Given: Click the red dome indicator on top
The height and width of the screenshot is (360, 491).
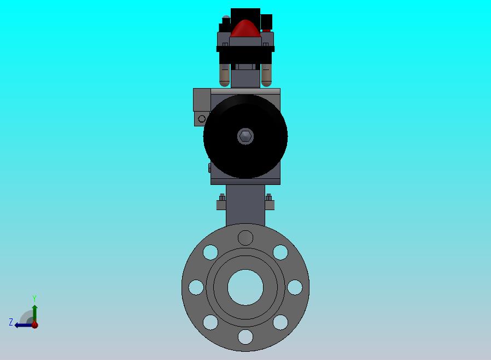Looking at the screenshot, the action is pos(245,28).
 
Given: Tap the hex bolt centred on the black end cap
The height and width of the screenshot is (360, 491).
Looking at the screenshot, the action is pos(245,136).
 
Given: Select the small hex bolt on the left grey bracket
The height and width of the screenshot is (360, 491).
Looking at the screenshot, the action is pos(202,119).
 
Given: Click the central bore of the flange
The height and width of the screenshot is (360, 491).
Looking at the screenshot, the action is pos(245,287).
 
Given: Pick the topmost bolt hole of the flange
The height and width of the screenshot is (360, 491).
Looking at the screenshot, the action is pos(245,238).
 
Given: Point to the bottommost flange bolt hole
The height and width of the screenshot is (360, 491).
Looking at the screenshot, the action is pos(245,337).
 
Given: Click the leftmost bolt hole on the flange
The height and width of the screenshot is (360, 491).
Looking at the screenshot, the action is pos(196,287).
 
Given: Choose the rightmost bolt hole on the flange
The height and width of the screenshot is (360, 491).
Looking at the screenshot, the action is pos(295,287).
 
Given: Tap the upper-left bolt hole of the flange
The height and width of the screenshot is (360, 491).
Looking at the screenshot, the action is pos(211,252).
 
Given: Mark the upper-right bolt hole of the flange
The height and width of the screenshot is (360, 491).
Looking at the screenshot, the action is pos(280,252).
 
